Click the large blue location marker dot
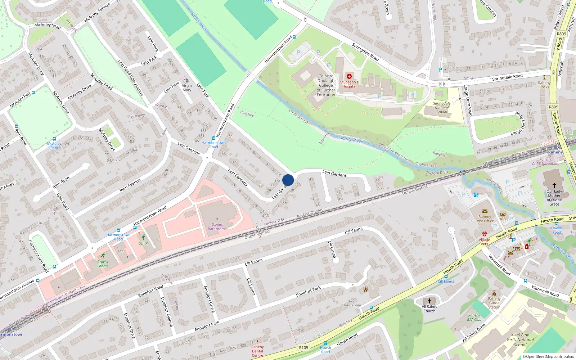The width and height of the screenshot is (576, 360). click(288, 180)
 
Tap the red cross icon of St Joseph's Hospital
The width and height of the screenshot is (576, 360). click(349, 76)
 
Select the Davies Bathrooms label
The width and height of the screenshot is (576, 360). click(217, 226)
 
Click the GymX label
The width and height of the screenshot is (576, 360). click(143, 243)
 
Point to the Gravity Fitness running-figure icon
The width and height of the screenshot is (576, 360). click(103, 256)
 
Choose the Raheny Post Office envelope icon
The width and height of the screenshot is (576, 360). click(485, 211)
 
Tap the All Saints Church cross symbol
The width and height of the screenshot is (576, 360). click(429, 301)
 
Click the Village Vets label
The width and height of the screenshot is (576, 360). click(484, 242)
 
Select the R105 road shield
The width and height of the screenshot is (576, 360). click(303, 347)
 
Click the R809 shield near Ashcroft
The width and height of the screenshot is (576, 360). click(561, 34)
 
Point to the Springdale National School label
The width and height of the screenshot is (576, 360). click(442, 108)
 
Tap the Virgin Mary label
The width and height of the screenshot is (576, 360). click(187, 88)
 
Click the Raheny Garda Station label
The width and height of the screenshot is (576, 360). click(494, 303)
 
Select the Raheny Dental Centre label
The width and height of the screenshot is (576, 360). click(257, 351)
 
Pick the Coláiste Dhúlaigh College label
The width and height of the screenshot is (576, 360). click(326, 85)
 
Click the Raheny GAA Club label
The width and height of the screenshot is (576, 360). click(474, 317)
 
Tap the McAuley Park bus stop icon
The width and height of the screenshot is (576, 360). click(54, 139)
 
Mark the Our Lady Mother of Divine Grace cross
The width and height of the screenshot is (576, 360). click(554, 185)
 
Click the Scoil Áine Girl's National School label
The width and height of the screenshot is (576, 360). click(520, 339)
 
